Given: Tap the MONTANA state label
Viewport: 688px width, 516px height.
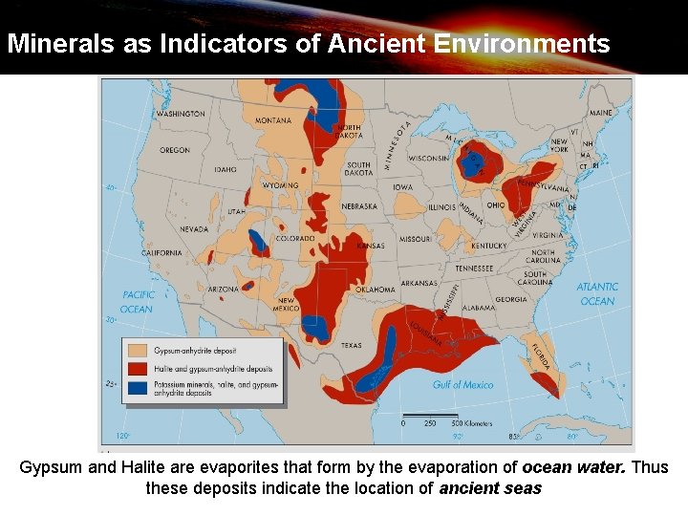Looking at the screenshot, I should (273, 120).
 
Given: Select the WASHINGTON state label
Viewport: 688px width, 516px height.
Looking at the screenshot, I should (181, 114).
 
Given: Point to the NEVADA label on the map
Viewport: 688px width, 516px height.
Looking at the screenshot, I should (194, 229).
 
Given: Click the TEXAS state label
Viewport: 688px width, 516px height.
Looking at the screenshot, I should (352, 345).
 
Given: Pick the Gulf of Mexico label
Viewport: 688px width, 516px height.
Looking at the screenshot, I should (462, 384).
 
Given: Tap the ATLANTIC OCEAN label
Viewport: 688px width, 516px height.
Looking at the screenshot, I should (597, 293).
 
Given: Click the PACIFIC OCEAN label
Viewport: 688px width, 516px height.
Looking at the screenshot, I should (137, 302).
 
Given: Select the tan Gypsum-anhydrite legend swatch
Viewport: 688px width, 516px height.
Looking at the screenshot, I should (138, 351).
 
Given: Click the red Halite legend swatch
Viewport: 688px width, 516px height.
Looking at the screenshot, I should (138, 369).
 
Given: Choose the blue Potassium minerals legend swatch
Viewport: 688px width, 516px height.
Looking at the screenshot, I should (138, 388).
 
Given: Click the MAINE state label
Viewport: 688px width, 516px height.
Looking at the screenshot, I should (600, 113).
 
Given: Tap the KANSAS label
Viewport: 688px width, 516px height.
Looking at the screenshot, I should (370, 246).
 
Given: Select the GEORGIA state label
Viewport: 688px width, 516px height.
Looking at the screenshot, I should (511, 299).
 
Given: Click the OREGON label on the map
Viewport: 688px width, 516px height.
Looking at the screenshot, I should (175, 150).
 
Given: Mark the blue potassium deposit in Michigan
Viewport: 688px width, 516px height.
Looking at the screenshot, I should (472, 162).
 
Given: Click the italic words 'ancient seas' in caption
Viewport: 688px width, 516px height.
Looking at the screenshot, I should (490, 488).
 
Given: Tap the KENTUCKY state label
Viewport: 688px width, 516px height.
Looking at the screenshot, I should (487, 246).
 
